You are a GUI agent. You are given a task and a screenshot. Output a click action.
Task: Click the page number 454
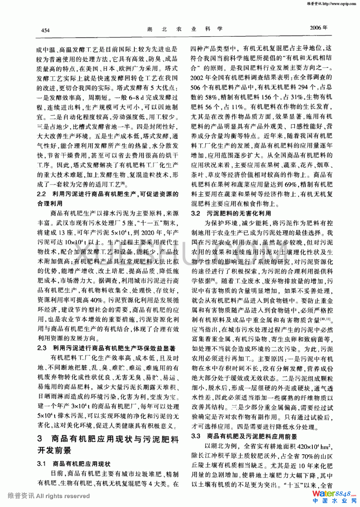(45, 30)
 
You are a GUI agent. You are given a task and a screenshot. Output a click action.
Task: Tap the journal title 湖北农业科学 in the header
(184, 29)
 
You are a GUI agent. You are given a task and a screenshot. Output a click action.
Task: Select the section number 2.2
(42, 194)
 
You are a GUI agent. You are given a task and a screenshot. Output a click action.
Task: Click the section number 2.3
(42, 348)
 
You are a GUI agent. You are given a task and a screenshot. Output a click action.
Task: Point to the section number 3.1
(42, 464)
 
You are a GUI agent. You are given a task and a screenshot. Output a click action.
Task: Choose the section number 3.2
(196, 213)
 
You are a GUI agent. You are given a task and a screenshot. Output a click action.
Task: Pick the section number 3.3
(196, 436)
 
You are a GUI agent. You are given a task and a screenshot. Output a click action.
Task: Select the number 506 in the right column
(196, 87)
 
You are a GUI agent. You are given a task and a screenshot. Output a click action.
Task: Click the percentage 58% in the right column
(210, 97)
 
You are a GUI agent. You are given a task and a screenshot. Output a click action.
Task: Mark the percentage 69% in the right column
(291, 184)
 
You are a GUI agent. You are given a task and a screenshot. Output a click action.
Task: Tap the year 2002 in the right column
(197, 78)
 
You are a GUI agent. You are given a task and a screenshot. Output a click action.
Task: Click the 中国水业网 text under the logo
(334, 501)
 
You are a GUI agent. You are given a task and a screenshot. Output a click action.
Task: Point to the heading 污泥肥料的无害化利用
(239, 213)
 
